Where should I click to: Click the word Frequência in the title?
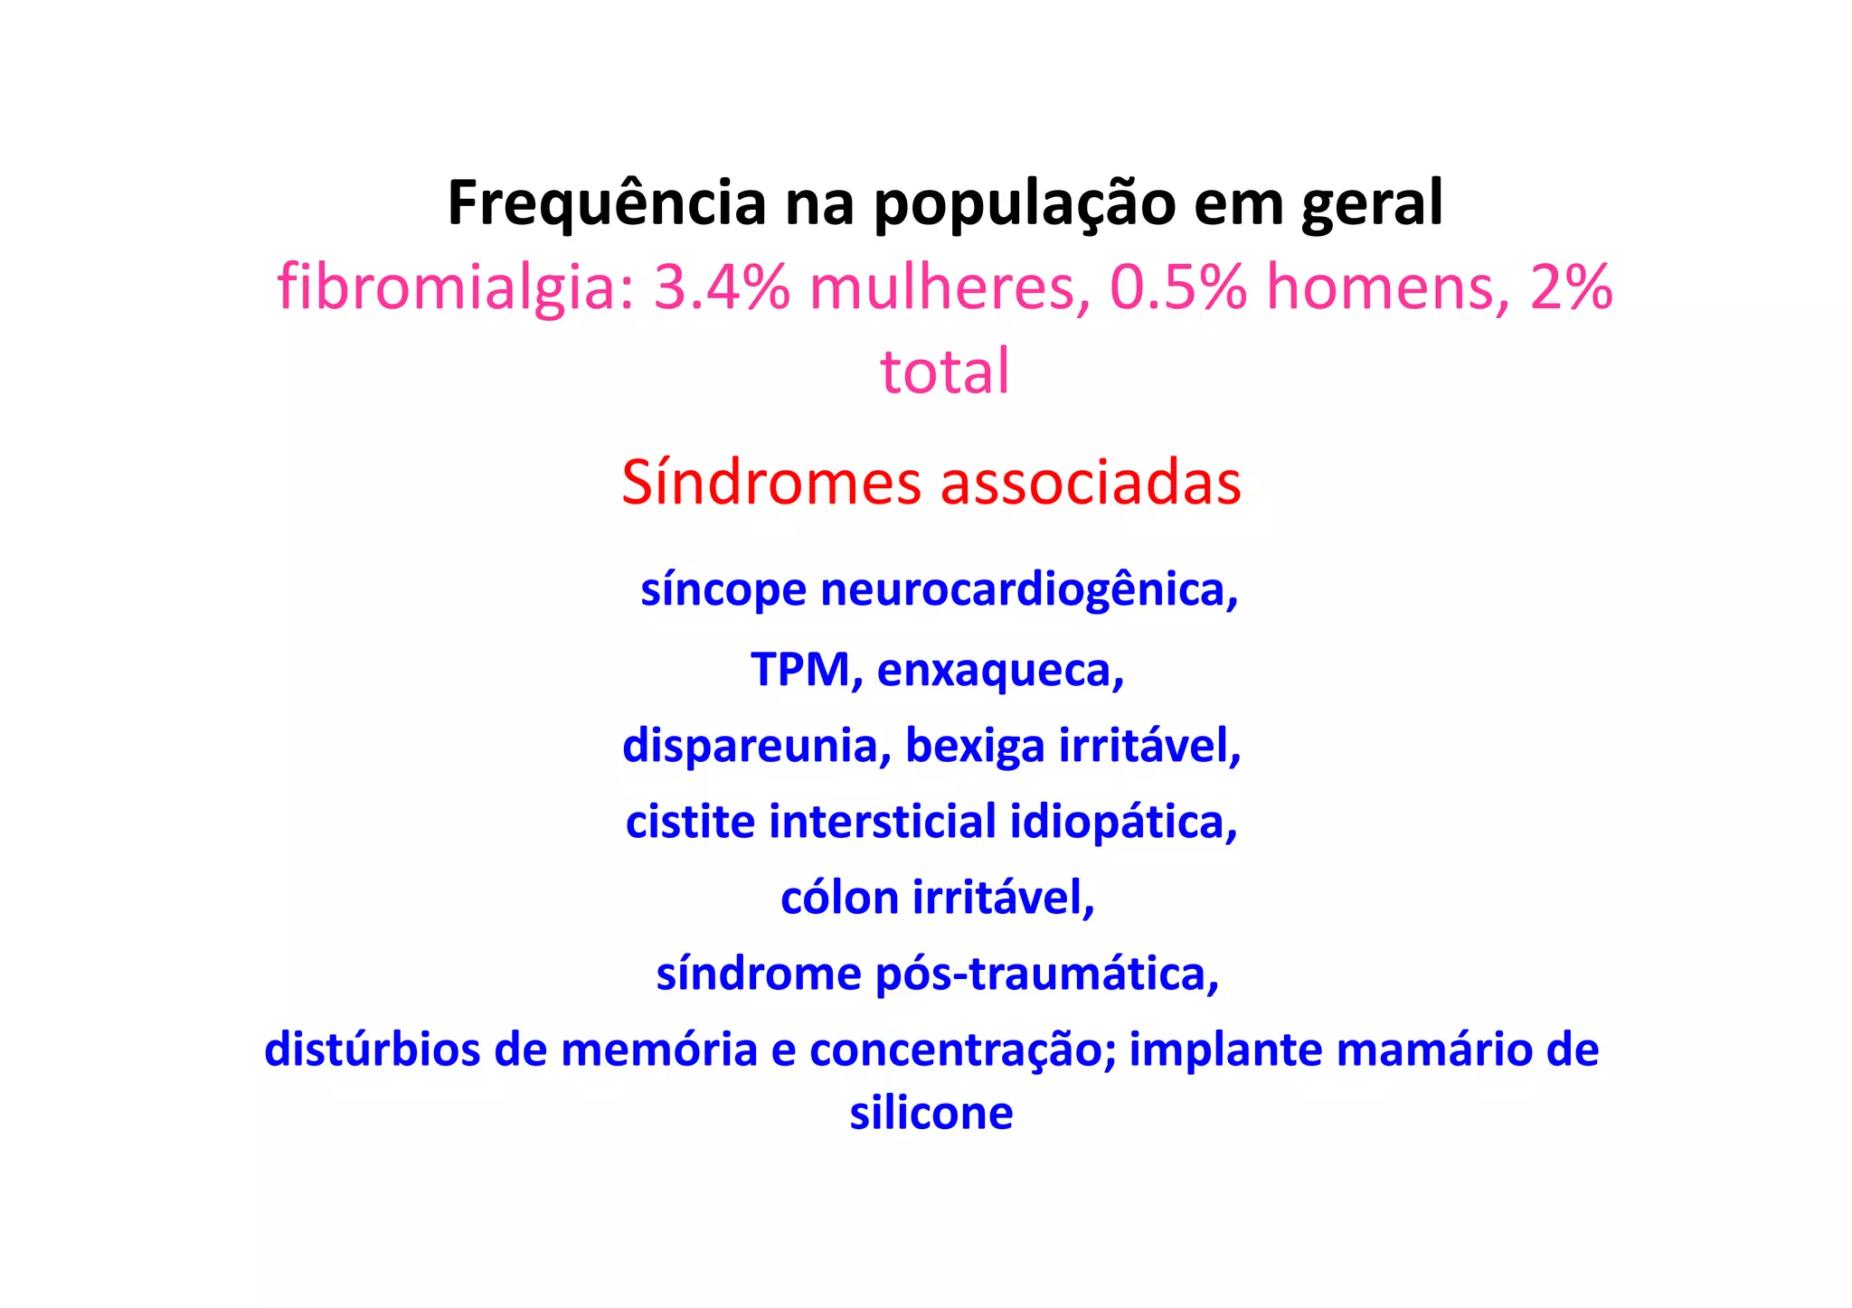click(607, 203)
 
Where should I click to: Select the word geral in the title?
click(1372, 203)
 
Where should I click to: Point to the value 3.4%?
click(722, 287)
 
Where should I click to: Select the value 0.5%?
click(1178, 287)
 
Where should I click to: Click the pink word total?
click(945, 372)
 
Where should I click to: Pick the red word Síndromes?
click(770, 483)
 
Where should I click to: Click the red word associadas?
click(1091, 483)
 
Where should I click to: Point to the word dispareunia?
click(756, 746)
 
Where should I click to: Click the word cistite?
click(690, 822)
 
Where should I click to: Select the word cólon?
click(839, 898)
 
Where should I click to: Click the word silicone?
click(931, 1113)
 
